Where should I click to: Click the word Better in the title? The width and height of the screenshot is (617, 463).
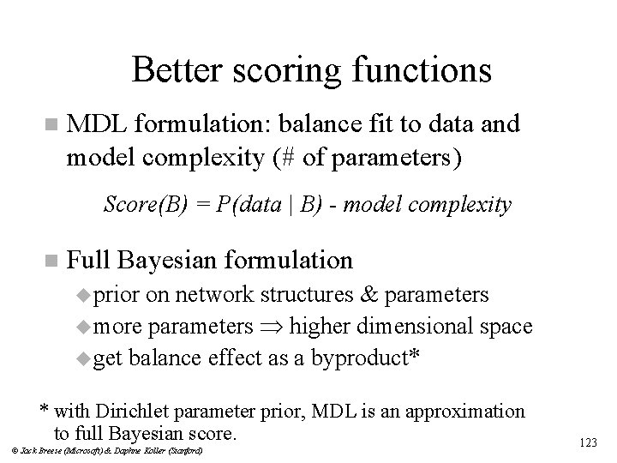(174, 70)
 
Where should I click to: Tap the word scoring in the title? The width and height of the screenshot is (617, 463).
(279, 70)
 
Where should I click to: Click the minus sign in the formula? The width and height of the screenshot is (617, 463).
(319, 206)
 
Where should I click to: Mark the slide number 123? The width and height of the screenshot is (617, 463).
(588, 442)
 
